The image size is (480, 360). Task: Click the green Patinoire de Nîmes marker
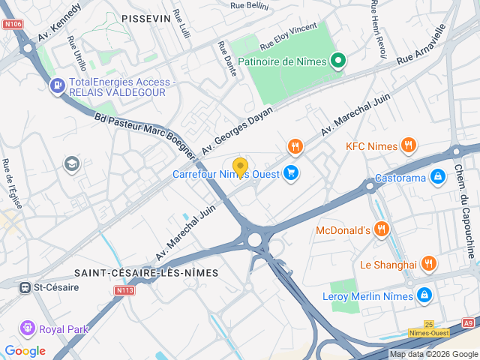click(338, 61)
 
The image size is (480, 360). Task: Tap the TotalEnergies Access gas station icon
click(57, 87)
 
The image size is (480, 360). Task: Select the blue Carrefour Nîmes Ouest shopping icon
click(291, 174)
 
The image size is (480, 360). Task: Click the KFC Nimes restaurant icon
click(409, 145)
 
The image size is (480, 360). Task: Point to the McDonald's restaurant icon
click(382, 229)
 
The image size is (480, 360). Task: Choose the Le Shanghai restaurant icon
click(428, 264)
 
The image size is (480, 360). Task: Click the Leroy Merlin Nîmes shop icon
click(425, 296)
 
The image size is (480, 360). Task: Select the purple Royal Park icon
click(28, 328)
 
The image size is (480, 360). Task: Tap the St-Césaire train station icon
click(25, 286)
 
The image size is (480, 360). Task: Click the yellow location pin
click(240, 167)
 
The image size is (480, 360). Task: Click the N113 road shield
click(124, 290)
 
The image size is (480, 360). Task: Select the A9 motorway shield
click(468, 322)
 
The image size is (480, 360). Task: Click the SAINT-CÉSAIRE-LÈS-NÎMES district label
click(146, 273)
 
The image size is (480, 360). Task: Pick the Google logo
click(25, 350)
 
